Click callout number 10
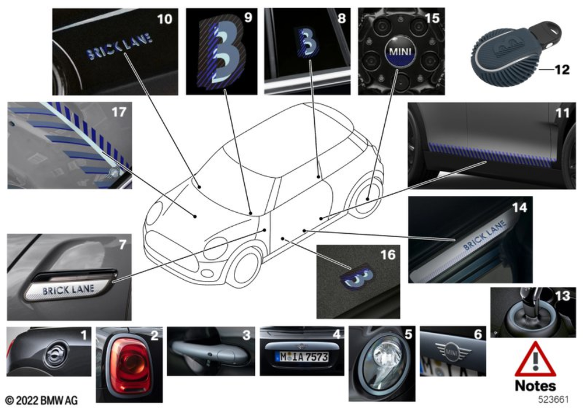click(165, 19)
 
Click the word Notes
click(535, 386)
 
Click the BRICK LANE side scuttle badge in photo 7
click(69, 290)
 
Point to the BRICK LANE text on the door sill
click(484, 238)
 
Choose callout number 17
click(118, 112)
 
